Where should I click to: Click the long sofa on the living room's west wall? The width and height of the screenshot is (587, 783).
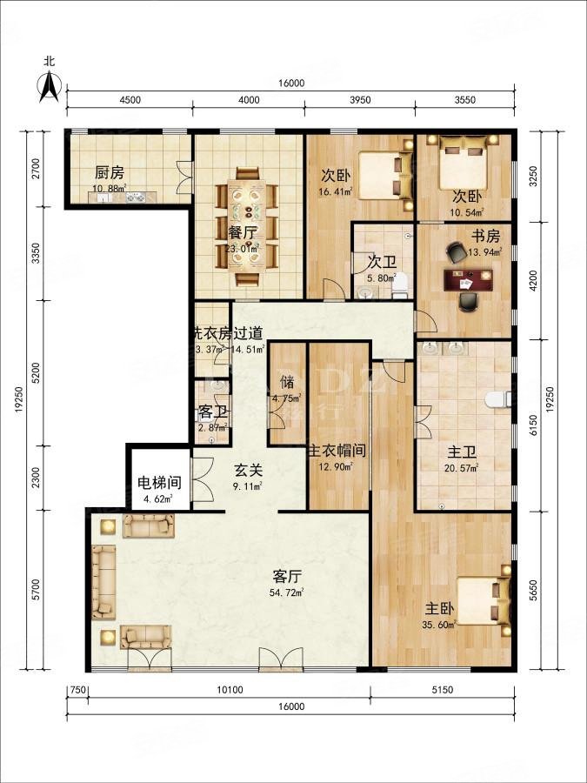[x=104, y=581]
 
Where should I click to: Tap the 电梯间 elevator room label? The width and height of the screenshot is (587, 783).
[x=158, y=483]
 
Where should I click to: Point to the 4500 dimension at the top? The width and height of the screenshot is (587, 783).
[x=130, y=100]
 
